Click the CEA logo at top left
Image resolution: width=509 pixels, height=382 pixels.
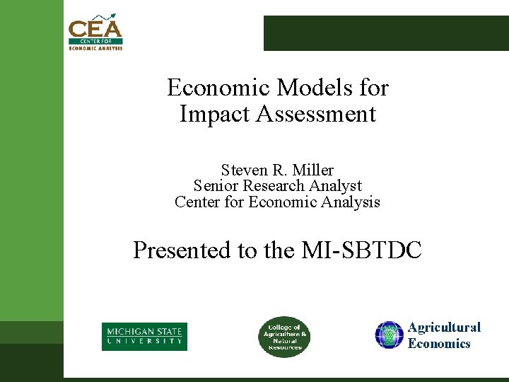[95, 33]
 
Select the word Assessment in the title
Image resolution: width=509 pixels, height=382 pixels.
[317, 114]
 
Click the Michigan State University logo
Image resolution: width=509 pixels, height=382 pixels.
[144, 336]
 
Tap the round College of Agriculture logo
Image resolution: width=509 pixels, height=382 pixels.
[282, 337]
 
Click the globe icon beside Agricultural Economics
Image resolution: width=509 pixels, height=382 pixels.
[389, 335]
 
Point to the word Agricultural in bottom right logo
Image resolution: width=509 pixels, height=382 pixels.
[444, 328]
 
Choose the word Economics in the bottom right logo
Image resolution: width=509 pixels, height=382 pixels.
[439, 344]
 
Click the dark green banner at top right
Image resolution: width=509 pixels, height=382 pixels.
[386, 33]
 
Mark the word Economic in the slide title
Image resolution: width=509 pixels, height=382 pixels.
[217, 88]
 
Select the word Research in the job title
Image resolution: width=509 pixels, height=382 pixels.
[278, 186]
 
